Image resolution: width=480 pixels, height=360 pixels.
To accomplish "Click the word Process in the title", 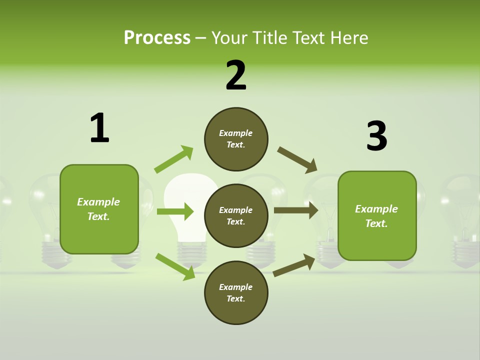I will pyautogui.click(x=157, y=38).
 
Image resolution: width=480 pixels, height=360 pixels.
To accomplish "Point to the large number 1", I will pyautogui.click(x=99, y=128).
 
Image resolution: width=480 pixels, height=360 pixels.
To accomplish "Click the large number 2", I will pyautogui.click(x=236, y=75).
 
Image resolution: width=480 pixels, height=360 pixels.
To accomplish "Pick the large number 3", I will pyautogui.click(x=377, y=136).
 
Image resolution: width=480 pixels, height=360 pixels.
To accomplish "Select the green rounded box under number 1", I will pyautogui.click(x=99, y=209).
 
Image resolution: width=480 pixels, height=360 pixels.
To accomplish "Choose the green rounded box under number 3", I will pyautogui.click(x=377, y=215).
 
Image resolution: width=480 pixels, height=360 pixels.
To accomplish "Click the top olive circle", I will pyautogui.click(x=236, y=139).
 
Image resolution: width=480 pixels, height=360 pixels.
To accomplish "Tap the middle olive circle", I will pyautogui.click(x=236, y=215).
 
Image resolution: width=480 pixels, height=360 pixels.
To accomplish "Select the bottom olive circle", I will pyautogui.click(x=236, y=292).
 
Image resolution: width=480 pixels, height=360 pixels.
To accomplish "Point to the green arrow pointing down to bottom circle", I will pyautogui.click(x=175, y=266).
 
